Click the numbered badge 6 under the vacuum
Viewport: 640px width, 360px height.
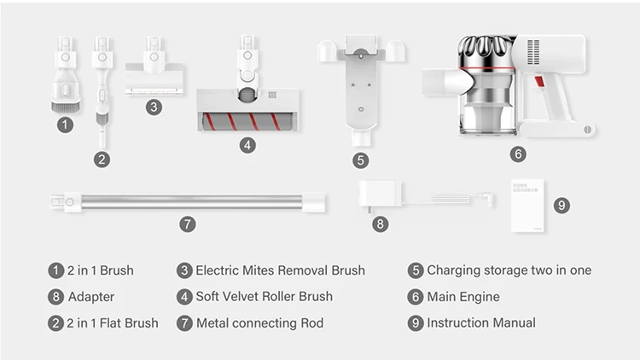[x=519, y=155]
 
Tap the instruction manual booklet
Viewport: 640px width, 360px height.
[x=527, y=206]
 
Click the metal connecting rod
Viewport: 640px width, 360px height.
[x=188, y=201]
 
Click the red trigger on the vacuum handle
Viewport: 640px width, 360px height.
[x=539, y=84]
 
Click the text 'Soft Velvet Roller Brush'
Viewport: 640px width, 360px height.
[x=265, y=297]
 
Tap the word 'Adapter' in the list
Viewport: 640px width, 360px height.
[x=92, y=297]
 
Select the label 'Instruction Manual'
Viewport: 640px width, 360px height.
[x=481, y=322]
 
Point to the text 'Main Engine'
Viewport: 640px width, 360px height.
[x=463, y=297]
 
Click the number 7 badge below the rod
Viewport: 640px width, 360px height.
[x=188, y=224]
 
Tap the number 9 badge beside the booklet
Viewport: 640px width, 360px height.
[x=561, y=206]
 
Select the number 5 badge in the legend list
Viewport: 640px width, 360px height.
[x=416, y=270]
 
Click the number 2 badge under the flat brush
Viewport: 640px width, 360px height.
[x=102, y=159]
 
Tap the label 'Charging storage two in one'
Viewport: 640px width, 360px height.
[x=509, y=270]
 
